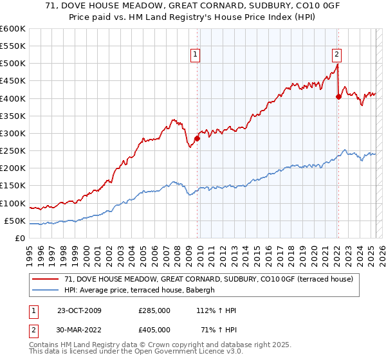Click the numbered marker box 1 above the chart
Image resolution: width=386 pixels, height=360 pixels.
point(195,55)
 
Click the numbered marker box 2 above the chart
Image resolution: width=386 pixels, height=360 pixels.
point(336,55)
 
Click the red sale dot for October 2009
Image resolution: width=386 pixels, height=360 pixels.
point(198,138)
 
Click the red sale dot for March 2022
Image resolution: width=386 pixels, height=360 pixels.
point(338,96)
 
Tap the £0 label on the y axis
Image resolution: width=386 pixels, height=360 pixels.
point(20,238)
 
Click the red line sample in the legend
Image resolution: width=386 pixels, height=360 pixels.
point(46,279)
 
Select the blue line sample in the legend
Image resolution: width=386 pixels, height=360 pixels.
point(46,290)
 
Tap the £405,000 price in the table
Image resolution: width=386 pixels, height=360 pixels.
point(154,329)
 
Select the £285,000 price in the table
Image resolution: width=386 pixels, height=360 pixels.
point(154,310)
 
